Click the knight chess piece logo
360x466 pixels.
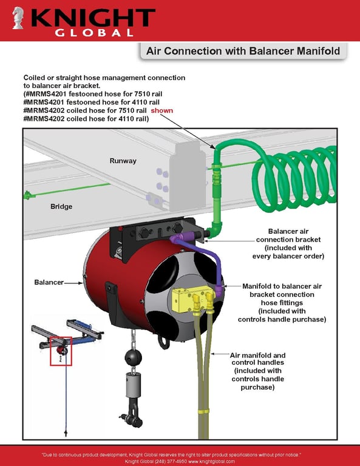coord(18,18)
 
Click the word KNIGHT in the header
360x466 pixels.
coord(93,18)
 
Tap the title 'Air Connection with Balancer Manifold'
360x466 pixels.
coord(243,51)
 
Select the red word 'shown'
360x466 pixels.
coord(161,110)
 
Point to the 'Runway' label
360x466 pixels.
coord(123,161)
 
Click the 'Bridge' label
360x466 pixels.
coord(61,206)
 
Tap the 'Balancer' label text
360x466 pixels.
coord(49,282)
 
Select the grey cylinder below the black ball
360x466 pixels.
coord(133,385)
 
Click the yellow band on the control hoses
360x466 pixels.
coord(203,411)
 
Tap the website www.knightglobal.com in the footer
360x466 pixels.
coord(211,461)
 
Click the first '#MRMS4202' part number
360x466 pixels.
coord(44,110)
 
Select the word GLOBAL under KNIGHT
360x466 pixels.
coord(94,33)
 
